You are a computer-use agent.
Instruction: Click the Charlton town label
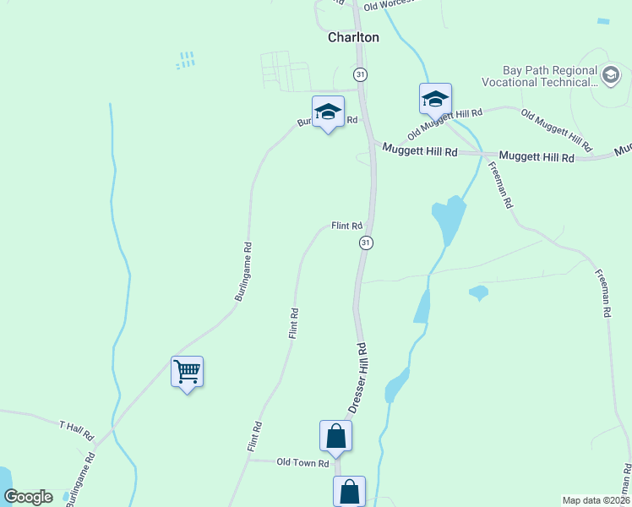(x=353, y=38)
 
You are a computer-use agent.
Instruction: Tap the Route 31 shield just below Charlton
(x=361, y=74)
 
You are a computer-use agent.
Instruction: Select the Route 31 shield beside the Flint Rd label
(x=365, y=243)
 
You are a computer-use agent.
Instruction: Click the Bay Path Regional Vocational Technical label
(x=539, y=76)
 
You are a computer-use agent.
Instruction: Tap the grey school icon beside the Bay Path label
(x=610, y=77)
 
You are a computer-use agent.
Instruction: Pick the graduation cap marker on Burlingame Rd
(x=328, y=112)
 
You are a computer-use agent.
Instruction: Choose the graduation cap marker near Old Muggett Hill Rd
(x=436, y=99)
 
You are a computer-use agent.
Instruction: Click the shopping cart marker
(x=188, y=371)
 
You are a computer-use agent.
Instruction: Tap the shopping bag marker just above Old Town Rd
(x=335, y=436)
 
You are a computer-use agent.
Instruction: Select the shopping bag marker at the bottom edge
(x=350, y=491)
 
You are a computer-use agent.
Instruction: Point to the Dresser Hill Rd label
(x=358, y=377)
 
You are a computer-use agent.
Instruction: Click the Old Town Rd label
(x=302, y=463)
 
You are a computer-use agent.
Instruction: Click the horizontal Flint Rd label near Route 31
(x=346, y=226)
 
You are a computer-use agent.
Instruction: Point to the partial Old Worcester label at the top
(x=388, y=6)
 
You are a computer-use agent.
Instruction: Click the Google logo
(x=28, y=497)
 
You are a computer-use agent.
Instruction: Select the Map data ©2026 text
(x=596, y=499)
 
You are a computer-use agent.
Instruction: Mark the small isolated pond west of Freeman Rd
(x=478, y=293)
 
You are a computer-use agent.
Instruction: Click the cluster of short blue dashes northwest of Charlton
(x=186, y=60)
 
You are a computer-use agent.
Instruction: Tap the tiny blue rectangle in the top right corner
(x=602, y=20)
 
